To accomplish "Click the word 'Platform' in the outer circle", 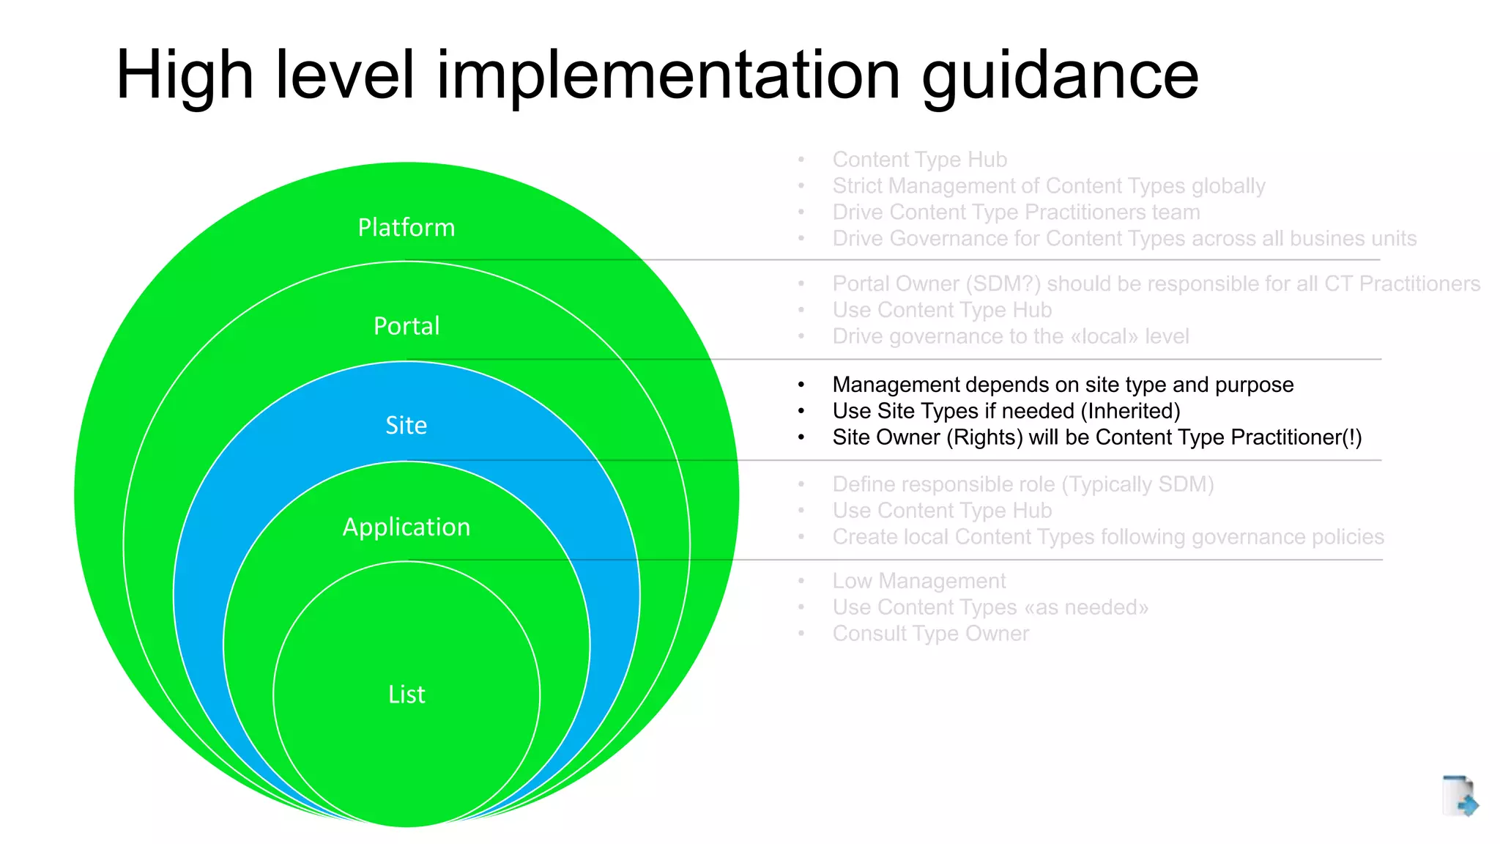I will point(406,228).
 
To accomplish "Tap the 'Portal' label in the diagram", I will point(406,326).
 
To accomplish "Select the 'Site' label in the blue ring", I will point(406,426).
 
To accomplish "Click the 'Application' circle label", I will point(406,527).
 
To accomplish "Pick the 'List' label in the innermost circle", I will point(406,695).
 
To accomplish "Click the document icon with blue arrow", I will point(1460,796).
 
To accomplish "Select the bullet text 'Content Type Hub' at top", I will point(919,160).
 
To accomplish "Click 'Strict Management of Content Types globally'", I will point(1048,186).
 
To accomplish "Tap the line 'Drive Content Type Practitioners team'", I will point(1016,212).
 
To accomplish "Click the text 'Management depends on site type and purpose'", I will point(1063,385).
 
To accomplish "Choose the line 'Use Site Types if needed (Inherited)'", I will point(1006,411).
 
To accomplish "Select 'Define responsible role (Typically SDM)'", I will point(1022,484).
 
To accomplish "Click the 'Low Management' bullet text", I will point(918,581).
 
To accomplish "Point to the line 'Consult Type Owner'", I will point(930,634).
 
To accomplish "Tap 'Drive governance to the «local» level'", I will point(1010,336).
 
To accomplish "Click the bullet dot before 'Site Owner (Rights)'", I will point(801,438).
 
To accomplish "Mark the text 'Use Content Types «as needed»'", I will point(990,607).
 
